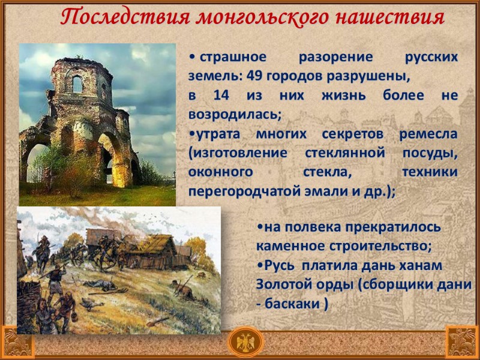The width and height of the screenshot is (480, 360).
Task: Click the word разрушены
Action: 376,76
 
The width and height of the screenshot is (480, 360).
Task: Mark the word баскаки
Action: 292,304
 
